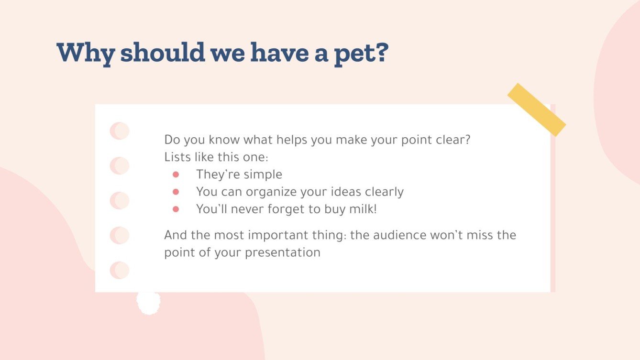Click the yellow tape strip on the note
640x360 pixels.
click(536, 109)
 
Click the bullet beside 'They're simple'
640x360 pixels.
click(176, 175)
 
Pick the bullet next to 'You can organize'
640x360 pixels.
click(176, 192)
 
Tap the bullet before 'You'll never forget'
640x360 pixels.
click(176, 209)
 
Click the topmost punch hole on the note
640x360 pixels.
click(119, 131)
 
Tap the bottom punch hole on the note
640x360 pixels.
click(119, 270)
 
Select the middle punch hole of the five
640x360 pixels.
click(119, 201)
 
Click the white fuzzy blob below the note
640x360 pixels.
click(148, 302)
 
